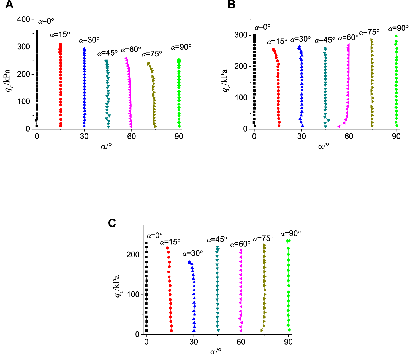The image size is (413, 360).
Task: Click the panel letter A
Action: click(9, 5)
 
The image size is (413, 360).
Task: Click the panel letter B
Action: click(232, 5)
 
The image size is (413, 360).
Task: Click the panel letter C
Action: click(112, 223)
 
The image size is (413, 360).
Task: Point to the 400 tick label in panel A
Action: click(23, 19)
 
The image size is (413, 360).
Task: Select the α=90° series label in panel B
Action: click(398, 28)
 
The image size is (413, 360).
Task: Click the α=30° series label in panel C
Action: click(193, 253)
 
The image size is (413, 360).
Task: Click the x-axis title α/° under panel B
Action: click(324, 146)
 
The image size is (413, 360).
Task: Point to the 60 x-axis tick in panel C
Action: click(241, 342)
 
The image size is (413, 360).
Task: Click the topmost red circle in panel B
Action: click(273, 50)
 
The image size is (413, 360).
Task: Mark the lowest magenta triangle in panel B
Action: click(339, 126)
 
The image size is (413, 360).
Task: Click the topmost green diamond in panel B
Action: click(396, 36)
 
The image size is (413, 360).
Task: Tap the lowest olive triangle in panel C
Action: click(262, 330)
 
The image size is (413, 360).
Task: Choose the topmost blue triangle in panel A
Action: click(84, 49)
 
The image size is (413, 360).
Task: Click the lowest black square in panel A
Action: click(37, 126)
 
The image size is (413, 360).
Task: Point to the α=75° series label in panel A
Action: click(152, 54)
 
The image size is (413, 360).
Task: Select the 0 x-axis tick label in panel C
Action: click(146, 342)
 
